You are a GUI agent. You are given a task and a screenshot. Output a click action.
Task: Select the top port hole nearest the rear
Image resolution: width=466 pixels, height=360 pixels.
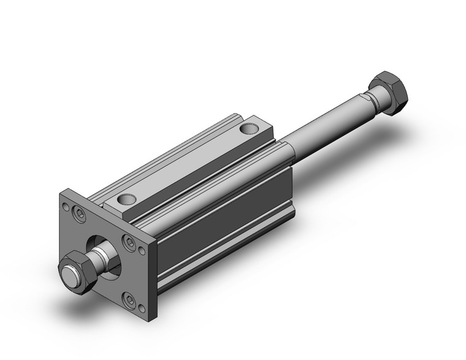coord(248,129)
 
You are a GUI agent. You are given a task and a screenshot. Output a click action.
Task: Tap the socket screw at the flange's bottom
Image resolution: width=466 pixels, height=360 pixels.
coord(130,301)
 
